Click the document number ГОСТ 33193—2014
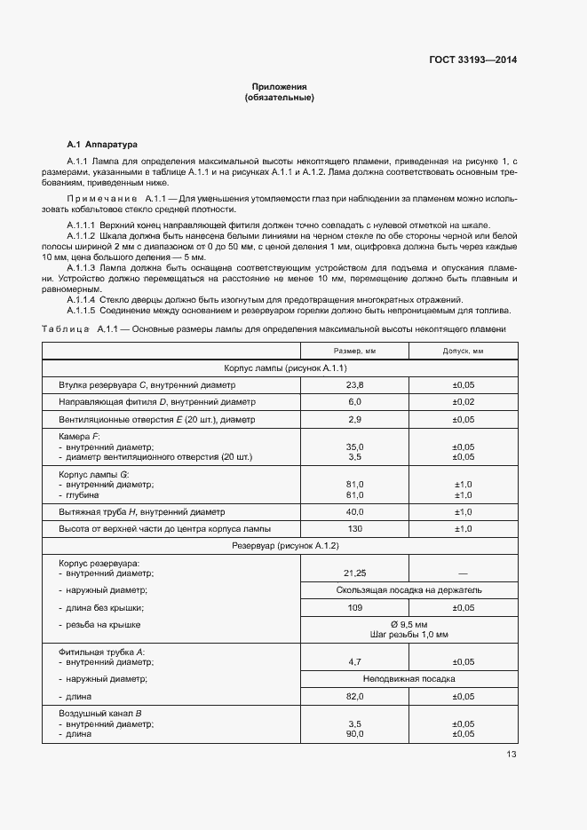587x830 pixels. tap(472, 59)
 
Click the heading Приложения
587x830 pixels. tap(279, 87)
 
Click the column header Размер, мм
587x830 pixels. tap(354, 351)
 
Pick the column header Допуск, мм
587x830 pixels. tap(463, 351)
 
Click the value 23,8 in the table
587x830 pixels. tap(354, 385)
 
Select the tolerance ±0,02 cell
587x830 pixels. tap(463, 402)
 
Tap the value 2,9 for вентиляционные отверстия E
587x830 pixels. tap(354, 419)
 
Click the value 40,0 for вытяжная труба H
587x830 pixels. tap(354, 512)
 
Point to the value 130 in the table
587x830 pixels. tap(354, 529)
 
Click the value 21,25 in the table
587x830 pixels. tap(354, 573)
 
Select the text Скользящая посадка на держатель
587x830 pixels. tap(409, 589)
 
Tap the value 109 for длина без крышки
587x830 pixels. tap(354, 607)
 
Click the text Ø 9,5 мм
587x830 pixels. tap(409, 624)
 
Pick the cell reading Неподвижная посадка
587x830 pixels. tap(409, 678)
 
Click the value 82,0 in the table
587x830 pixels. tap(354, 696)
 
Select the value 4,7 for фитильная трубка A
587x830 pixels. tap(354, 661)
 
